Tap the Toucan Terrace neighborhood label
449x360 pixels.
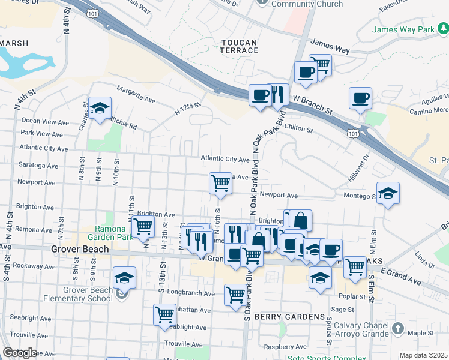pyautogui.click(x=239, y=47)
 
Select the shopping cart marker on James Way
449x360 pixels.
pyautogui.click(x=321, y=65)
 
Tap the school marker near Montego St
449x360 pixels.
pyautogui.click(x=388, y=193)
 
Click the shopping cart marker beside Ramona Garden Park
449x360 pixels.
pyautogui.click(x=143, y=227)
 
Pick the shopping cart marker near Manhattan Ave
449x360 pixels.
pyautogui.click(x=164, y=314)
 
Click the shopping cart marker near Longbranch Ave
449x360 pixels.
pyautogui.click(x=235, y=294)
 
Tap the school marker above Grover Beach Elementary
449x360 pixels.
pyautogui.click(x=124, y=278)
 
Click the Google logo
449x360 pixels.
pyautogui.click(x=20, y=353)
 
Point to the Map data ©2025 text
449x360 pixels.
pyautogui.click(x=423, y=355)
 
